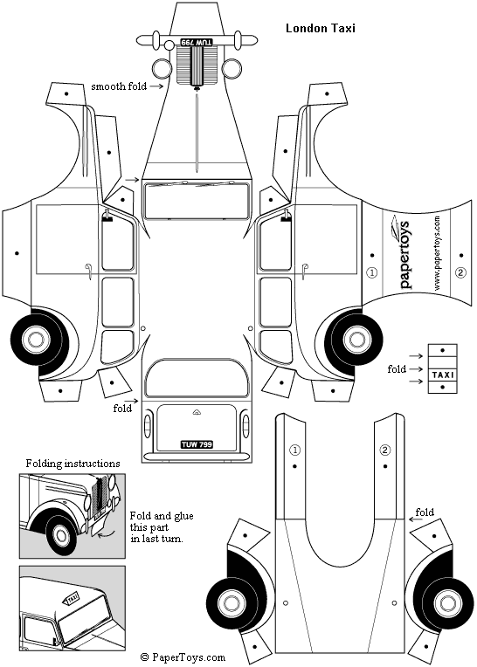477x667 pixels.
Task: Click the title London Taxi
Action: [x=320, y=28]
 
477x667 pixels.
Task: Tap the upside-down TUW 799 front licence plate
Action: [x=197, y=43]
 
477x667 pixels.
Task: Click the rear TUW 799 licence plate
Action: [x=197, y=444]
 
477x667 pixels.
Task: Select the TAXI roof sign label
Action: [x=443, y=375]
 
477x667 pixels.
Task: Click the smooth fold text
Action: [x=119, y=86]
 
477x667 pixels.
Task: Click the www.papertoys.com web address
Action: [x=437, y=253]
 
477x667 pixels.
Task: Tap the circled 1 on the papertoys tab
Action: [x=372, y=272]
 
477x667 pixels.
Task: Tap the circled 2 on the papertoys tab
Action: [x=460, y=272]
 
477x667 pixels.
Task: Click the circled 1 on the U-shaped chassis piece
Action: [x=294, y=450]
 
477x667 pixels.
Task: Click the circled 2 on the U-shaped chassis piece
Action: [x=384, y=450]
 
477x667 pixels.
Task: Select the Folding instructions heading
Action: [x=73, y=464]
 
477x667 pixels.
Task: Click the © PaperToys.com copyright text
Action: [x=183, y=657]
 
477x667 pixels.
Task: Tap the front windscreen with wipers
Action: [x=197, y=200]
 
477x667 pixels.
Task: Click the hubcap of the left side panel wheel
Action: [x=35, y=340]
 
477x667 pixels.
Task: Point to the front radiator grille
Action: [x=197, y=65]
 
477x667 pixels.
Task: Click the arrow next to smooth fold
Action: [x=156, y=86]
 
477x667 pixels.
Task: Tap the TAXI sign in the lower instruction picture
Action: [x=72, y=600]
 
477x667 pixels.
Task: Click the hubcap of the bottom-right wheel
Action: [x=446, y=603]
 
